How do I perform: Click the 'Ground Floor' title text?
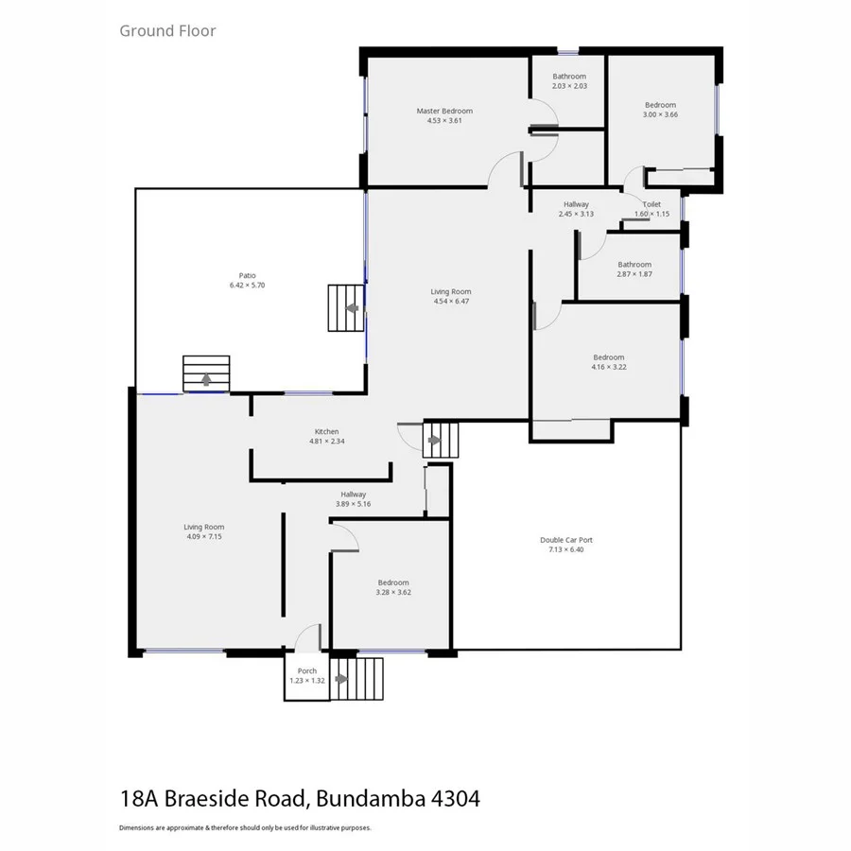pyautogui.click(x=167, y=30)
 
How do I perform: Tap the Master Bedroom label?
pyautogui.click(x=444, y=111)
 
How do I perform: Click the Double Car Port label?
pyautogui.click(x=566, y=540)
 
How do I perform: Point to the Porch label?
pyautogui.click(x=306, y=670)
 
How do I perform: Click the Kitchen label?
pyautogui.click(x=326, y=431)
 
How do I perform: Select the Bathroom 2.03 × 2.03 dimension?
pyautogui.click(x=569, y=86)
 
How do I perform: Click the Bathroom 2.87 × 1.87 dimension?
pyautogui.click(x=634, y=273)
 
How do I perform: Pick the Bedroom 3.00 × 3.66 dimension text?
pyautogui.click(x=660, y=114)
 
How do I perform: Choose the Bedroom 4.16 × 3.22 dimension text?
pyautogui.click(x=609, y=367)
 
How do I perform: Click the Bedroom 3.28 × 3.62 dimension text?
pyautogui.click(x=393, y=592)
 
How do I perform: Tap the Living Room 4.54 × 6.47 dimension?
pyautogui.click(x=451, y=301)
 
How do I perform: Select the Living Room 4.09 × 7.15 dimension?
pyautogui.click(x=203, y=536)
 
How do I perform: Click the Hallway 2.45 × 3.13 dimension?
pyautogui.click(x=576, y=214)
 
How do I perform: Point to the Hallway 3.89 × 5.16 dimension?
pyautogui.click(x=354, y=503)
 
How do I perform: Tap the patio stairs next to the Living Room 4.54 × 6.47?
pyautogui.click(x=346, y=307)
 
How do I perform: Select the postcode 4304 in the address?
pyautogui.click(x=455, y=798)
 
